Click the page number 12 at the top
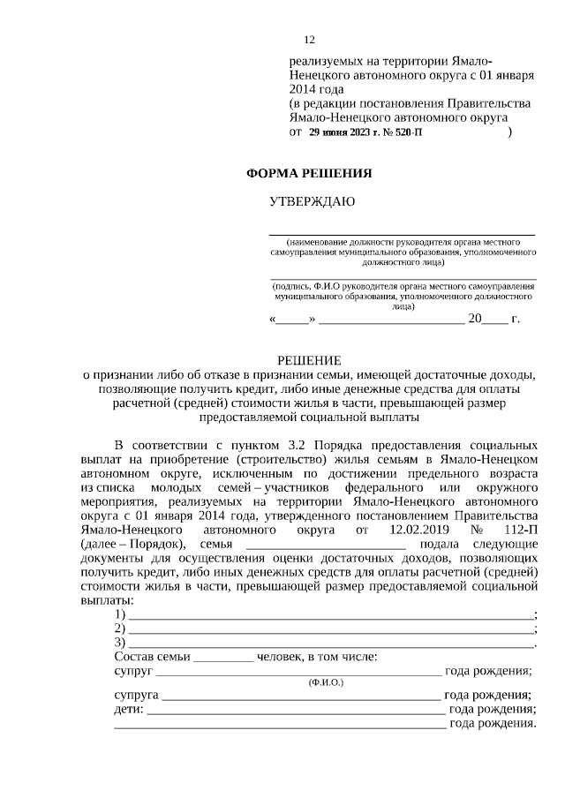[x=309, y=41]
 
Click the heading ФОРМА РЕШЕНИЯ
[x=308, y=173]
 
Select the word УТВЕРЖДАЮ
[x=312, y=202]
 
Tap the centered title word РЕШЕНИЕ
[x=309, y=359]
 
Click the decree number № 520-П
[x=402, y=132]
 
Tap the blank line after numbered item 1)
[x=331, y=614]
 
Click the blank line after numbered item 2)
[x=331, y=629]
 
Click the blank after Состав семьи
[x=222, y=657]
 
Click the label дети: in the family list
[x=129, y=709]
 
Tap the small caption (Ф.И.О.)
[x=326, y=683]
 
